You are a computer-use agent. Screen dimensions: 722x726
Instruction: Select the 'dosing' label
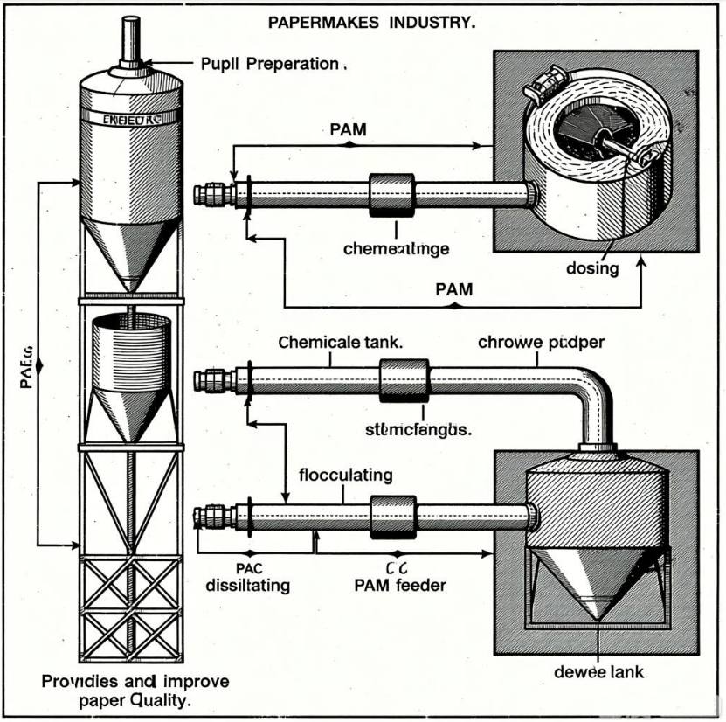tap(593, 268)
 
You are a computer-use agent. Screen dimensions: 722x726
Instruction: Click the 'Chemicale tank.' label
tap(341, 343)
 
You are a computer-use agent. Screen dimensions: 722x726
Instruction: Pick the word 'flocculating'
tap(346, 476)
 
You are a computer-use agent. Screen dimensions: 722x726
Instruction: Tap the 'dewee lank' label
tap(598, 673)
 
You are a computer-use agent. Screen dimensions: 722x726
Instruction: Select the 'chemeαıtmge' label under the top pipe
tap(397, 248)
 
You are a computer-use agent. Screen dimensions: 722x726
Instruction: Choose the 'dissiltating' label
tap(248, 586)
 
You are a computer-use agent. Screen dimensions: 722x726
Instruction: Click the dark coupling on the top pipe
tap(389, 194)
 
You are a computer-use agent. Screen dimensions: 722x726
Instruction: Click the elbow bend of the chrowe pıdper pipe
tap(594, 388)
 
